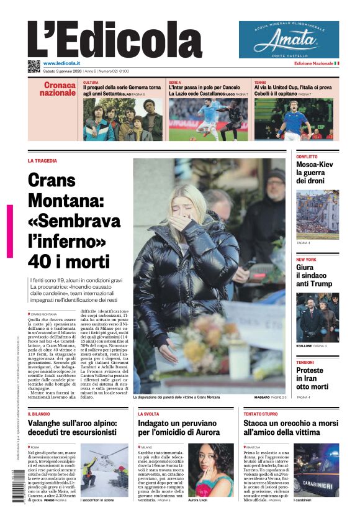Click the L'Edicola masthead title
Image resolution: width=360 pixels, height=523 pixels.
[x=115, y=40]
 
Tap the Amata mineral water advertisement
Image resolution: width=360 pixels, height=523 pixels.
[x=289, y=39]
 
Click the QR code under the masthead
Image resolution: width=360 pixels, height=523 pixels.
[x=34, y=66]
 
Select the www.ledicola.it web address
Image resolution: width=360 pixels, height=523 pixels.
[x=63, y=63]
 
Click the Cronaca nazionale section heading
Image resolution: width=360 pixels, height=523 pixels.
[x=60, y=89]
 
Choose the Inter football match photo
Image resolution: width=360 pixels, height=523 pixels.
[x=208, y=119]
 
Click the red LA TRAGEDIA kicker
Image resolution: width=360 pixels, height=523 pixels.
[x=42, y=160]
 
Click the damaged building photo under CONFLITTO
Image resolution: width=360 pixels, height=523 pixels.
[x=317, y=214]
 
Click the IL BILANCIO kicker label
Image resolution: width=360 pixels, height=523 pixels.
[x=38, y=413]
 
